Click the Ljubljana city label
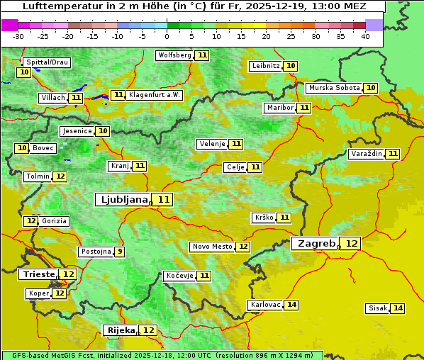pyautogui.click(x=122, y=200)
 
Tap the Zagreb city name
pyautogui.click(x=316, y=243)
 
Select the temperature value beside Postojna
pyautogui.click(x=120, y=252)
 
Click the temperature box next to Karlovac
pyautogui.click(x=291, y=305)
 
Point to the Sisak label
pyautogui.click(x=377, y=308)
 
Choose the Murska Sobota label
pyautogui.click(x=333, y=88)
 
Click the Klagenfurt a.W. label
pyautogui.click(x=155, y=95)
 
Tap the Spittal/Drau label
pyautogui.click(x=47, y=62)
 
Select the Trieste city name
pyautogui.click(x=39, y=274)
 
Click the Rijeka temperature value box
pyautogui.click(x=148, y=330)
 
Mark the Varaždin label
pyautogui.click(x=366, y=154)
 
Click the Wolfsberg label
pyautogui.click(x=174, y=55)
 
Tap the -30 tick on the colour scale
pyautogui.click(x=18, y=36)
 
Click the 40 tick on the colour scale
pyautogui.click(x=365, y=36)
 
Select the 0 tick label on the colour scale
pyautogui.click(x=167, y=36)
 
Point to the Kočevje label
pyautogui.click(x=179, y=276)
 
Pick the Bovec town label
pyautogui.click(x=43, y=148)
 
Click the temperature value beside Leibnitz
pyautogui.click(x=291, y=66)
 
